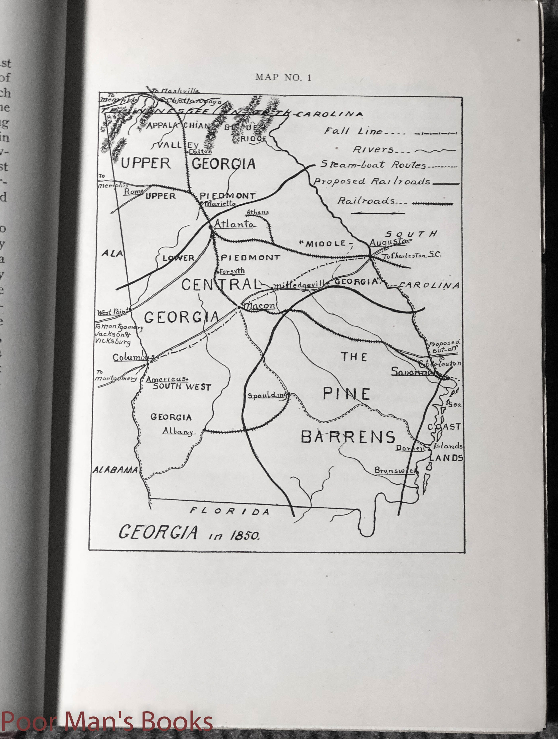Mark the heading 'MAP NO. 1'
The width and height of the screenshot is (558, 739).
pyautogui.click(x=283, y=77)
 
